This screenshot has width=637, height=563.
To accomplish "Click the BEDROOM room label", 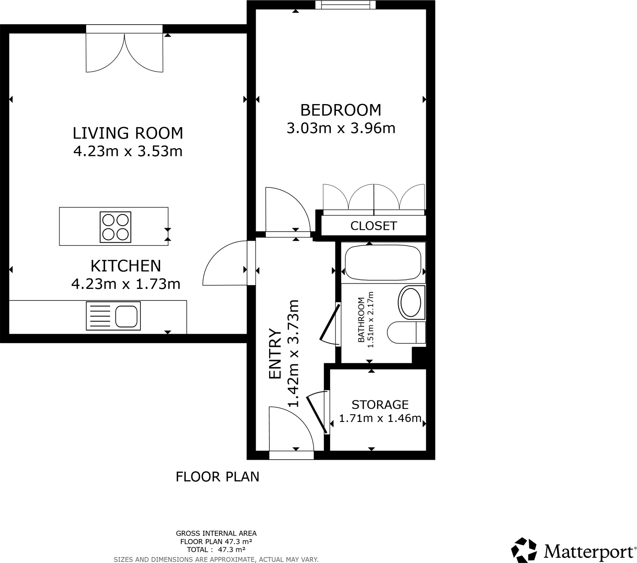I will [x=341, y=110].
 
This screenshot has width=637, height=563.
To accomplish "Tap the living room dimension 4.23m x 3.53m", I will [x=128, y=151].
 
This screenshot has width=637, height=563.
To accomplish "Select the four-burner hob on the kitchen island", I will [x=115, y=227].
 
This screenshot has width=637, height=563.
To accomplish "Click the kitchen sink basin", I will [x=126, y=316].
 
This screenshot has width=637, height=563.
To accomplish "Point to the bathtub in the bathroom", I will [x=383, y=263].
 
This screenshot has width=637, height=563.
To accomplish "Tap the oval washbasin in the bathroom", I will [x=411, y=302].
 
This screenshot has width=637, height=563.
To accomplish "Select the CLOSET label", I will [x=373, y=226].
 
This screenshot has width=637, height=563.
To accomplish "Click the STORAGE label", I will [x=380, y=405].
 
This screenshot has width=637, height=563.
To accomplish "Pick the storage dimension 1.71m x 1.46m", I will [x=380, y=418].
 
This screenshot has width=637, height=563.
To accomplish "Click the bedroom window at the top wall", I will [x=345, y=5].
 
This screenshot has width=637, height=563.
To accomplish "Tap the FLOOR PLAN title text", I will [x=217, y=477].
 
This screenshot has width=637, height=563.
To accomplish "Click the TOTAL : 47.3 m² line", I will [x=216, y=549].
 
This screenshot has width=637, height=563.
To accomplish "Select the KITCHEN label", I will [x=126, y=266].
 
